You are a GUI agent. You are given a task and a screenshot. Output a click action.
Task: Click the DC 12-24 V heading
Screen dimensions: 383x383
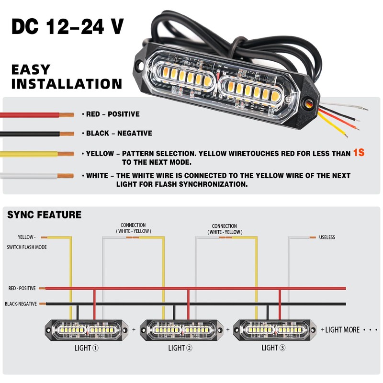68,27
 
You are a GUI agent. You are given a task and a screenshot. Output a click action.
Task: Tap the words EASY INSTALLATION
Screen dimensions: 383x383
67,77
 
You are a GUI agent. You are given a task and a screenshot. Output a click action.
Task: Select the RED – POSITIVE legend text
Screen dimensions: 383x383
113,114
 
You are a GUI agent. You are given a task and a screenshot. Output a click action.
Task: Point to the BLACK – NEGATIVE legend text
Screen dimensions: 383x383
119,133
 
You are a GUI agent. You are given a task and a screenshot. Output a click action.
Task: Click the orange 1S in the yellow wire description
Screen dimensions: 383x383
359,153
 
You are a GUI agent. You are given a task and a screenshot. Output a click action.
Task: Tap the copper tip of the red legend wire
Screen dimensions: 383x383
67,115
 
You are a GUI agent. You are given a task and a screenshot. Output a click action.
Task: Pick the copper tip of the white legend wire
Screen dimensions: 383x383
66,176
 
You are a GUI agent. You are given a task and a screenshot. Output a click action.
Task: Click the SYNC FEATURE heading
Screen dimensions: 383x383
44,214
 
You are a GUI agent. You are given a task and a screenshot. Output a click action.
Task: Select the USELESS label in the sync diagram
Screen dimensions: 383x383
327,237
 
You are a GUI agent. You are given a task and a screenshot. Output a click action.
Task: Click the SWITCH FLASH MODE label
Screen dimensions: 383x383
27,247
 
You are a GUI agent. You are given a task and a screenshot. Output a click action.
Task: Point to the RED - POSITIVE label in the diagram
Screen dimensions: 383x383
22,288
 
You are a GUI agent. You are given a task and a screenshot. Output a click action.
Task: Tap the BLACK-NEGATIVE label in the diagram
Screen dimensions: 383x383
21,304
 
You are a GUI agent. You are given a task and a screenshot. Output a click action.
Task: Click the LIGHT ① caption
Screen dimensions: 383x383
87,348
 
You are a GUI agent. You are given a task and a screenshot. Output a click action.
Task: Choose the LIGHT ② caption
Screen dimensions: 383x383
180,348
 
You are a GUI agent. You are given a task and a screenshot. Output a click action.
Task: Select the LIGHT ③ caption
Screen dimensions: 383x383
273,348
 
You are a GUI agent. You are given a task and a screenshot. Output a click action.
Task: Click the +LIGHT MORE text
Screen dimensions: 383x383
340,330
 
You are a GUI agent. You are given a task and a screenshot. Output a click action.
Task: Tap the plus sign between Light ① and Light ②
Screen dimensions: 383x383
134,330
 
